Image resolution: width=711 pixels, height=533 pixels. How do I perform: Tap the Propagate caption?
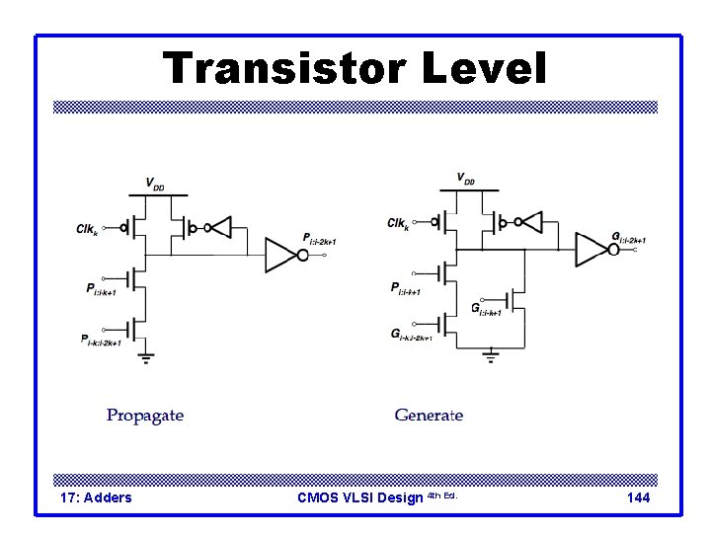[x=145, y=416]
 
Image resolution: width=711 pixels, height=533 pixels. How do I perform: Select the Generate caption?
[x=429, y=416]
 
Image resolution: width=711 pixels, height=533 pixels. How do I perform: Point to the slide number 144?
[x=638, y=497]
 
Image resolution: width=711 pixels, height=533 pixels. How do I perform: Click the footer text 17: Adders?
[x=96, y=497]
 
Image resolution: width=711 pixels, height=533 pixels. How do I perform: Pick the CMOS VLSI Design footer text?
[x=360, y=497]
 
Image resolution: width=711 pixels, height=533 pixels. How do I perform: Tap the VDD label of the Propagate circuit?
[x=155, y=184]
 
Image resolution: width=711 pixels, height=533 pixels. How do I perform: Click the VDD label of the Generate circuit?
[x=465, y=179]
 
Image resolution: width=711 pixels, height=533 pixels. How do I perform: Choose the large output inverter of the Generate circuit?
[x=594, y=249]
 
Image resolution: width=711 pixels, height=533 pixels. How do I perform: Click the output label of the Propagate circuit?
[x=320, y=240]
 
